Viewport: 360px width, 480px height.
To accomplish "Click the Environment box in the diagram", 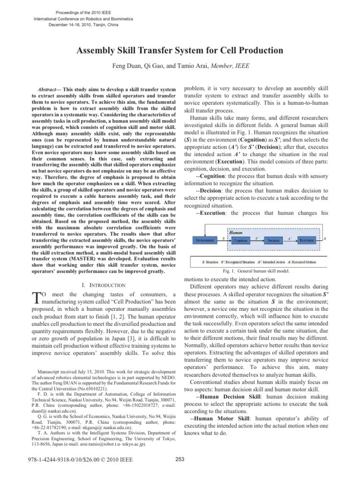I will point(204,240).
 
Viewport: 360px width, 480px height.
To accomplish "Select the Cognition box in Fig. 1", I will point(240,240).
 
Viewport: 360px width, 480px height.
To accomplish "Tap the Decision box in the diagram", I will point(273,240).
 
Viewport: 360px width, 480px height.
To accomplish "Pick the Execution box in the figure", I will point(307,240).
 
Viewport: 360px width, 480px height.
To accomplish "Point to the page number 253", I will point(180,459).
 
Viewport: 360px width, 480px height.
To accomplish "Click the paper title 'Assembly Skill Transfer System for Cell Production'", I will point(180,50).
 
